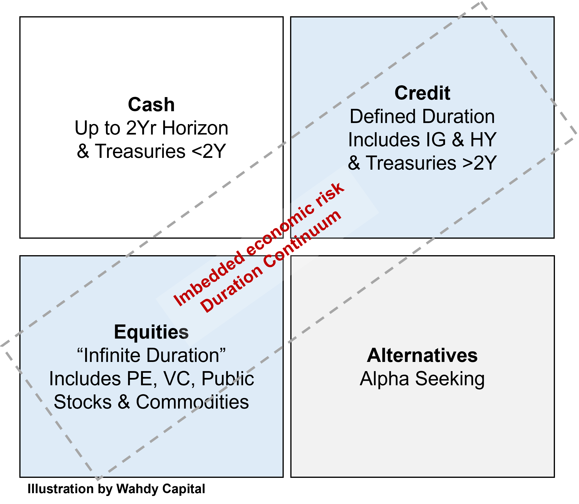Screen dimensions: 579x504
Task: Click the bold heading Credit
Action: coord(422,93)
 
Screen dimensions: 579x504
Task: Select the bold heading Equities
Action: coord(151,332)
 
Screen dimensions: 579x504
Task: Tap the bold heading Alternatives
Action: coord(422,356)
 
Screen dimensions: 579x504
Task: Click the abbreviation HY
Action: coord(483,140)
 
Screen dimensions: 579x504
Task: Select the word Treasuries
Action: coord(411,163)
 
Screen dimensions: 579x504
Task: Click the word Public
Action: coord(228,379)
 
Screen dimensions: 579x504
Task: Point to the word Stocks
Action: coord(83,402)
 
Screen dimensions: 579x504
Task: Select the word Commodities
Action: coord(192,402)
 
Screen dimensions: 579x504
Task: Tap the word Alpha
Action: coord(384,379)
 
